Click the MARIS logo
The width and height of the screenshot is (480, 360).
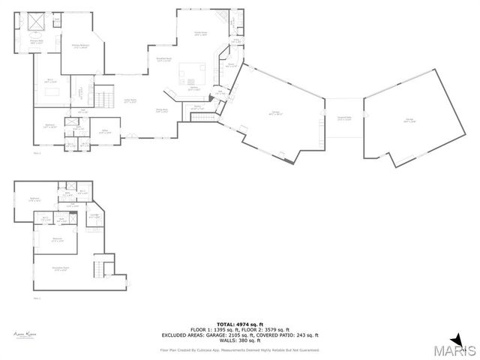point(455,349)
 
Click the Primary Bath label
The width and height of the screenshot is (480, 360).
point(35,43)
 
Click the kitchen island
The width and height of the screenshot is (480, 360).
point(192,73)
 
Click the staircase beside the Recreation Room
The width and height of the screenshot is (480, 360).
point(98,268)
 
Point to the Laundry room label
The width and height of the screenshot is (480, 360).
point(198,107)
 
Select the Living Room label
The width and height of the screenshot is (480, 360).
point(129,100)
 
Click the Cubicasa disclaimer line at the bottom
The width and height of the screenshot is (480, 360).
point(240,349)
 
